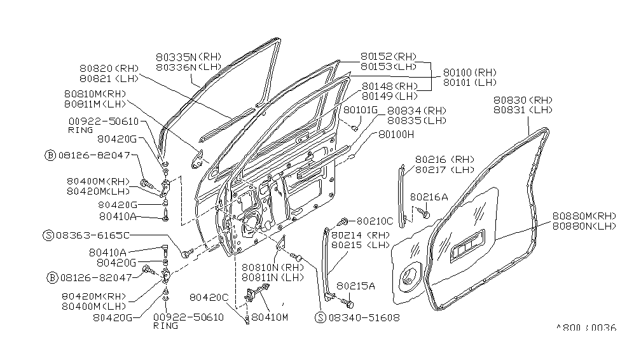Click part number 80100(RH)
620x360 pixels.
(x=469, y=73)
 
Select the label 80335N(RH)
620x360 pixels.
(x=189, y=56)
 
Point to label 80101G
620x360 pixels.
(x=360, y=110)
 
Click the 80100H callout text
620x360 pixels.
(x=396, y=134)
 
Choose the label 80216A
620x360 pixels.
(x=429, y=197)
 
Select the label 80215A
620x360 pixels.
(x=355, y=286)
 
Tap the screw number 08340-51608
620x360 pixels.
(x=364, y=317)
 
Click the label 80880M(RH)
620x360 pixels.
(x=584, y=216)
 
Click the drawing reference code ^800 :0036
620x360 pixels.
(x=586, y=329)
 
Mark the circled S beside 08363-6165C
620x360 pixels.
(x=48, y=235)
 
